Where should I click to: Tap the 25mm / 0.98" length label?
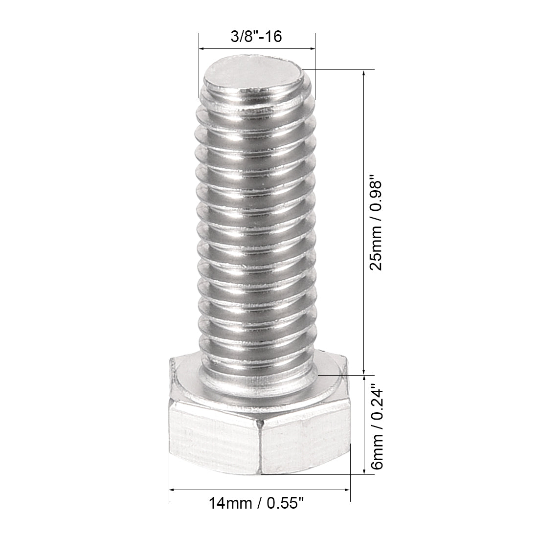(x=377, y=224)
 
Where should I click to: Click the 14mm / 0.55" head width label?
(x=259, y=503)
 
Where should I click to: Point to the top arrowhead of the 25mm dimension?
(x=363, y=74)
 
